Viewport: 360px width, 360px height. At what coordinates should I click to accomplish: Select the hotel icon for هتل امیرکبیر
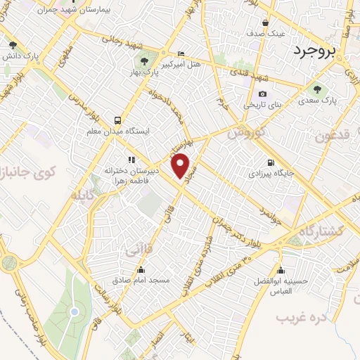181,53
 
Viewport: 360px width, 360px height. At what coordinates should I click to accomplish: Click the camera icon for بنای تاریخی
262,94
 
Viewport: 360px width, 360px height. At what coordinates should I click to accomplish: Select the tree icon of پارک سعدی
314,89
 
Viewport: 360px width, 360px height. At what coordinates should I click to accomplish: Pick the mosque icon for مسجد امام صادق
141,269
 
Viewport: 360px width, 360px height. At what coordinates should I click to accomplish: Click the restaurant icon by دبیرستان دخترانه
130,160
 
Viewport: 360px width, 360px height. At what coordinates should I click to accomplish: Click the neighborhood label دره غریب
302,319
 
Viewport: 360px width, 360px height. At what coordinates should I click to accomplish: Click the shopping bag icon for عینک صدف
266,22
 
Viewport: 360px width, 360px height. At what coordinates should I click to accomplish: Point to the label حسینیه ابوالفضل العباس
281,281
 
